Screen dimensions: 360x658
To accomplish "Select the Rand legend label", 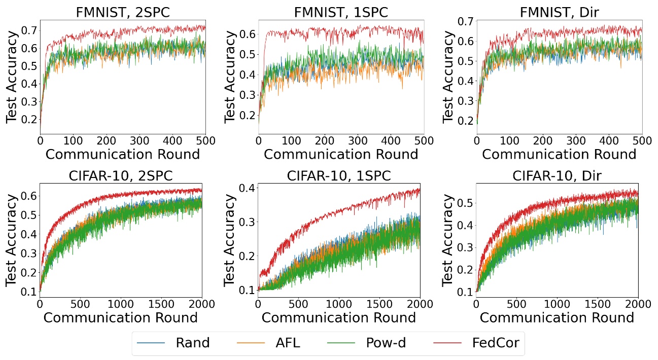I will pos(192,343).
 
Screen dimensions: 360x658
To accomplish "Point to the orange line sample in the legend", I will pos(251,343).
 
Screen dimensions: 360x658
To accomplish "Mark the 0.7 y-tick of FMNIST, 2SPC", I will pos(29,31).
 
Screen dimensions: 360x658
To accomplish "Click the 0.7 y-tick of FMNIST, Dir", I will pos(465,21).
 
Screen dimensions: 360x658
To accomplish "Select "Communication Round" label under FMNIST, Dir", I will pos(559,154).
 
